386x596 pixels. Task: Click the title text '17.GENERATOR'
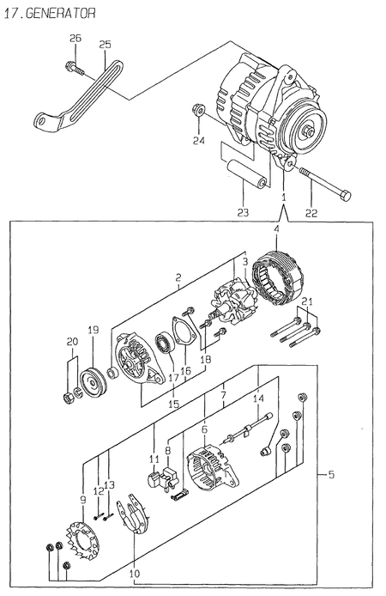click(49, 13)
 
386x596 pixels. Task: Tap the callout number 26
click(74, 39)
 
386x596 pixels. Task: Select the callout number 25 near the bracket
click(105, 45)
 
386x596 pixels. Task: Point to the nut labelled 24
click(196, 110)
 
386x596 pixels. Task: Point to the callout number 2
click(177, 278)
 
